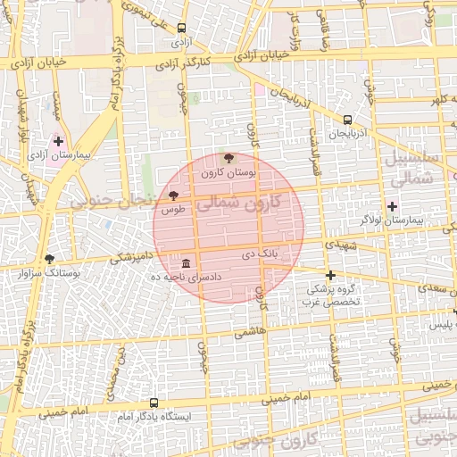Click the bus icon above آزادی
182,28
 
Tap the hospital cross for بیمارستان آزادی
59,141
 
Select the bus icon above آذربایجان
347,120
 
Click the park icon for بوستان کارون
229,158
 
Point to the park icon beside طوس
173,195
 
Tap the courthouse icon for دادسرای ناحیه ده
185,264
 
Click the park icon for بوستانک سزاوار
49,259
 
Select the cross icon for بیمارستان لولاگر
392,206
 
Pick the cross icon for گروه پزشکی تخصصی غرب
330,275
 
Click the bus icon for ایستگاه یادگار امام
154,403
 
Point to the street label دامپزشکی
129,258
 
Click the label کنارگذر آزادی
182,63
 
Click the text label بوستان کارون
228,171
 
